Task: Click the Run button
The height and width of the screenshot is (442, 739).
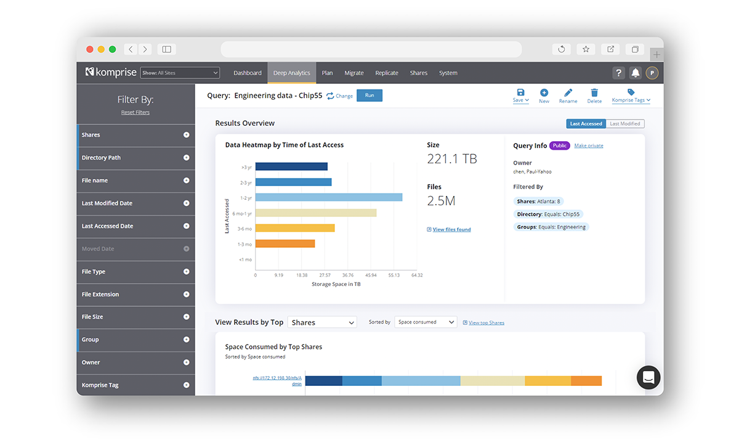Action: click(369, 96)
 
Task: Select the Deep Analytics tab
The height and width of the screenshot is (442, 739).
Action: click(291, 73)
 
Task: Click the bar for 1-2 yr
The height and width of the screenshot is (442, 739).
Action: click(328, 197)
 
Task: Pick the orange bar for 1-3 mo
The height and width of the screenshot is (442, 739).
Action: click(285, 244)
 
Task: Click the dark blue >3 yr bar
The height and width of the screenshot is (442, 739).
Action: click(291, 166)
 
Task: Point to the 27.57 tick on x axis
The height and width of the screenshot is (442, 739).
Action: click(325, 276)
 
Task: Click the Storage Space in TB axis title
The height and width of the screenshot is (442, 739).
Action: click(336, 284)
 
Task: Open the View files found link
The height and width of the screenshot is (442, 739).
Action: click(451, 229)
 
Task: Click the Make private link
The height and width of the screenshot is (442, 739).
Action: click(589, 146)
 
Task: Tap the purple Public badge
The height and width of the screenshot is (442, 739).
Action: click(559, 146)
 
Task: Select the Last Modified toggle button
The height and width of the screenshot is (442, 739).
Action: click(625, 124)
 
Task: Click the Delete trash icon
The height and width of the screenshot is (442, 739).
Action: click(594, 92)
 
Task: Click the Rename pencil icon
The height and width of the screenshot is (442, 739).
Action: click(568, 92)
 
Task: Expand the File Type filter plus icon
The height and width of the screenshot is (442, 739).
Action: click(186, 272)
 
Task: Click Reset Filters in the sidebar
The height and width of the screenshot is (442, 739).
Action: click(135, 112)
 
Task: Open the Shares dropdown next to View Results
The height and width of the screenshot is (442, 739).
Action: click(322, 322)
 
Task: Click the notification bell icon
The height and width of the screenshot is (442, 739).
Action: click(636, 73)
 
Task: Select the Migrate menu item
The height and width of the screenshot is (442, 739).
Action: click(354, 73)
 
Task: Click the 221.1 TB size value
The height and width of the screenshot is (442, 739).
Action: click(452, 159)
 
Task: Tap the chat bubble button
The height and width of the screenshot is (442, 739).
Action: click(648, 377)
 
